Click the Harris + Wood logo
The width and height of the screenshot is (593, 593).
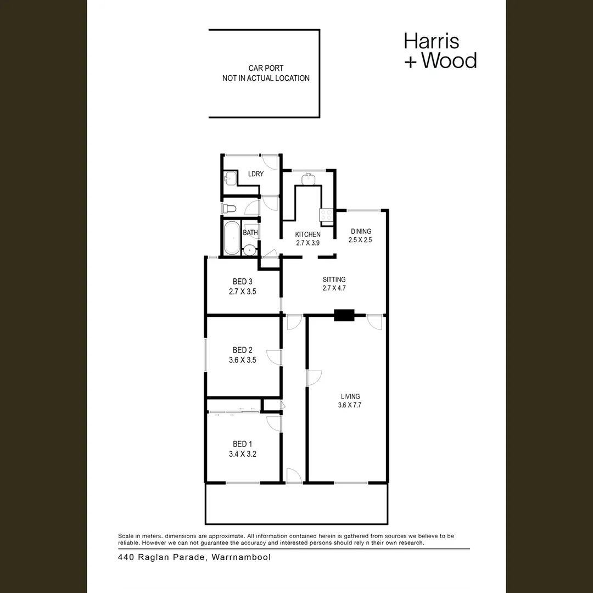tap(440, 51)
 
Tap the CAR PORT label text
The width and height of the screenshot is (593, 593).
tap(266, 68)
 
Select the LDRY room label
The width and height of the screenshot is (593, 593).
tap(256, 174)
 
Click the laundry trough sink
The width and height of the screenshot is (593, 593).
tap(230, 178)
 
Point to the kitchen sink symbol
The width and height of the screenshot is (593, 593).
tap(309, 178)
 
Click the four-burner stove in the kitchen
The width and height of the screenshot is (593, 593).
tap(327, 215)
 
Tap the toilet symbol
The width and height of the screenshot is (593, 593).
tap(230, 208)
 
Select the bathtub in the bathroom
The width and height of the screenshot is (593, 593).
tap(232, 237)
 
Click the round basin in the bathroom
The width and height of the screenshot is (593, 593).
tap(250, 250)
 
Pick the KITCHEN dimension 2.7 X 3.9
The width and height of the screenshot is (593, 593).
tap(308, 242)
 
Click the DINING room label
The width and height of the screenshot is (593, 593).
tap(360, 231)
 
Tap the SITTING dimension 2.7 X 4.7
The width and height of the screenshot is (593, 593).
tap(334, 287)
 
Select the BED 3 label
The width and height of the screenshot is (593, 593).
tap(242, 282)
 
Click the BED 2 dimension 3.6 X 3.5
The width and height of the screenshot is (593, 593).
tap(242, 360)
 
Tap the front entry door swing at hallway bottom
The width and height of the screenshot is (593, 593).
tap(294, 475)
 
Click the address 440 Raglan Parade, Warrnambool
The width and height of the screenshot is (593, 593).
tap(194, 557)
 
